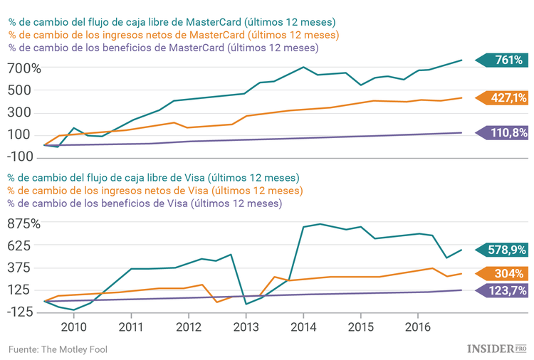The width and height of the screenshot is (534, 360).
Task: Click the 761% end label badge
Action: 505,60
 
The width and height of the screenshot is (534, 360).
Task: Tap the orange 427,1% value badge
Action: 505,98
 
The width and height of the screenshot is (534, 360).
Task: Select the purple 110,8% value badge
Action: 505,132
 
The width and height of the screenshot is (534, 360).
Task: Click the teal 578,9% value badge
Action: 505,250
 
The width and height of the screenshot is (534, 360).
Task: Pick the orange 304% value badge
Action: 505,274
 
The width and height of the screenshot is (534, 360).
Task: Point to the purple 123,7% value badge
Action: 505,290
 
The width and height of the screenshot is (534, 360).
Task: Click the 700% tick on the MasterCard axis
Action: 25,68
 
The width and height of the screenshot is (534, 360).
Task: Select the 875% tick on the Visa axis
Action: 25,223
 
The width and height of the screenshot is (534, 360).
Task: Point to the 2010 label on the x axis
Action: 73,327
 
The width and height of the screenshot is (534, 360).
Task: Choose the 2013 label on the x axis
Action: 246,327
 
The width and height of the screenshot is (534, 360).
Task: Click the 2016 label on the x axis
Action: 417,327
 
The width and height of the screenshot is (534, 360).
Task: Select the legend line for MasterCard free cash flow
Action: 172,22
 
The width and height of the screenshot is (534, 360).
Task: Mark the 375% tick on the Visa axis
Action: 25,268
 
